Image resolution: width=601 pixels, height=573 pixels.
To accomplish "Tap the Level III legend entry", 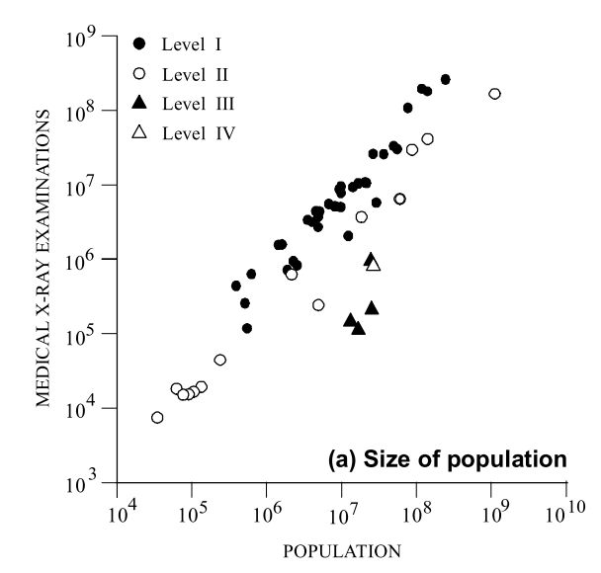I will [183, 102].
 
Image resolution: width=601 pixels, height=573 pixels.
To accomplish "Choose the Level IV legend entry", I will [184, 131].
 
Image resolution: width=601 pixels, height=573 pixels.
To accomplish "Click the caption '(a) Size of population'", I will [448, 458].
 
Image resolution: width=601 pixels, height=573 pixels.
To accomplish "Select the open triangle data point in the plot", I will [374, 264].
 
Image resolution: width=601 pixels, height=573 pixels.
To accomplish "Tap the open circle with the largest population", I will [494, 94].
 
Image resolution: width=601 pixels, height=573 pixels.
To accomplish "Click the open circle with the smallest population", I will [157, 418].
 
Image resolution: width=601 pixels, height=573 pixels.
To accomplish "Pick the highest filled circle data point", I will [446, 79].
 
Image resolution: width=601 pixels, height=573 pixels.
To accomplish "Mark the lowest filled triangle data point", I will [359, 328].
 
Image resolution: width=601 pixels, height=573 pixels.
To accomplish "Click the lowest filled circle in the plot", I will [247, 328].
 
